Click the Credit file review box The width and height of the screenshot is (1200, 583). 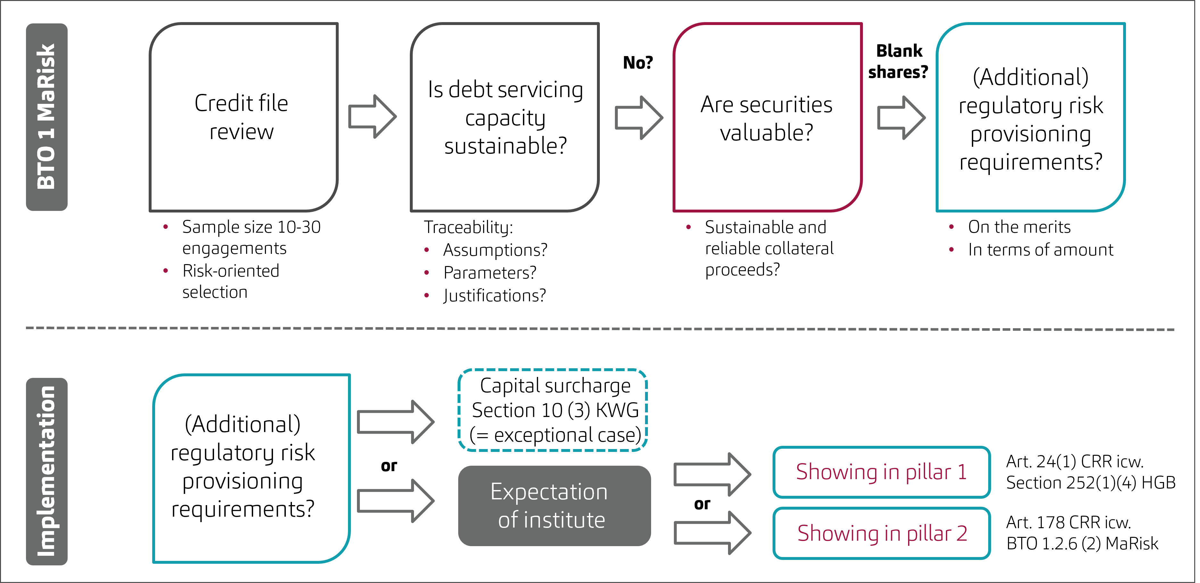coord(243,117)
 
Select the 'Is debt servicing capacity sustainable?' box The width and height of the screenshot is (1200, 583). coord(505,117)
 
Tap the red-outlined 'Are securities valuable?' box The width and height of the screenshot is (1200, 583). coord(767,117)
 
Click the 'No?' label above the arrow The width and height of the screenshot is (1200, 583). coord(638,62)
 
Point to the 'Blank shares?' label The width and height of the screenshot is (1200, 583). coord(898,61)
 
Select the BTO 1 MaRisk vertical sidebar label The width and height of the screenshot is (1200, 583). coord(46,117)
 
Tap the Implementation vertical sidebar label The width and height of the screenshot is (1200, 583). coord(46,471)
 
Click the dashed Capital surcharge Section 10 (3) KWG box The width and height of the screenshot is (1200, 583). coord(553,410)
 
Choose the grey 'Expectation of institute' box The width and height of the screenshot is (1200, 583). coord(554,506)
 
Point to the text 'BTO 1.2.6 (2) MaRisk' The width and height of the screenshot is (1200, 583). coord(1082,543)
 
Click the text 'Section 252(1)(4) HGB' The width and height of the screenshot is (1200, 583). coord(1090,482)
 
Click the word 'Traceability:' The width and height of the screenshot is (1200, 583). coord(468,228)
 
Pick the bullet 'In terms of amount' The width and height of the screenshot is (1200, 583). coord(1040,250)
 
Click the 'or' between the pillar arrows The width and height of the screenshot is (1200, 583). coord(702,504)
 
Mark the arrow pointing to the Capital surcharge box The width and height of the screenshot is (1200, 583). coord(395,422)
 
